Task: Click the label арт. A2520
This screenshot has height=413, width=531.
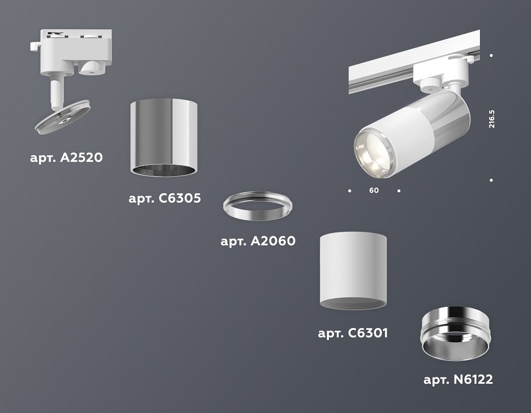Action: click(x=66, y=157)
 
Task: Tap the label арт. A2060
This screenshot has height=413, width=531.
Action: click(x=258, y=241)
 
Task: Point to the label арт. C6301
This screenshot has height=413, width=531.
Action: click(x=353, y=333)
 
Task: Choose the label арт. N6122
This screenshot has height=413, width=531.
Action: click(x=458, y=379)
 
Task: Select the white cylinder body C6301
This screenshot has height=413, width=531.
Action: click(x=353, y=270)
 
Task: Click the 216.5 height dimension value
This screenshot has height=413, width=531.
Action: click(x=492, y=118)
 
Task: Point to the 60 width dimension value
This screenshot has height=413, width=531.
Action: click(x=374, y=190)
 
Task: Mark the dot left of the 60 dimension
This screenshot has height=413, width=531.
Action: click(x=349, y=190)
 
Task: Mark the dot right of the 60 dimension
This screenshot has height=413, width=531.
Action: click(x=399, y=190)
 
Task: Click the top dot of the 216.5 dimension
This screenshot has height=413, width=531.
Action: click(x=492, y=56)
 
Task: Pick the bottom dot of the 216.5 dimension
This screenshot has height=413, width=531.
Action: click(x=492, y=180)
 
